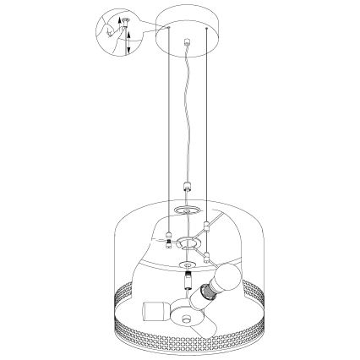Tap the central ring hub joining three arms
(186, 243)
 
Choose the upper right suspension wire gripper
(206, 226)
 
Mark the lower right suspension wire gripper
(206, 254)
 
